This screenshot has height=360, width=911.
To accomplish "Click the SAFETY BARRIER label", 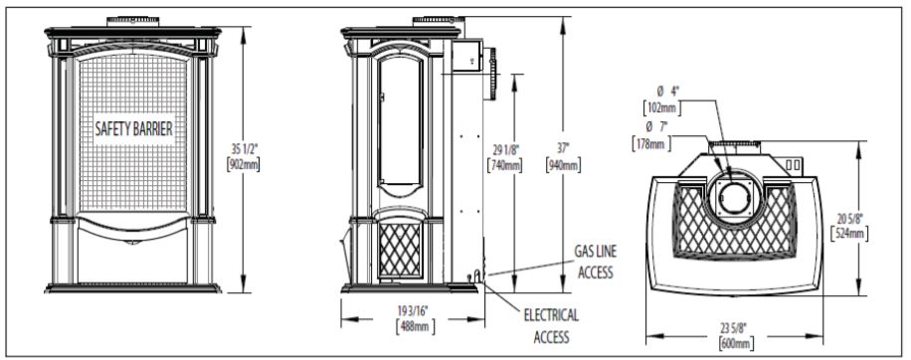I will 134,128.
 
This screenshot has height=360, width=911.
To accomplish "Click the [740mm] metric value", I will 505,164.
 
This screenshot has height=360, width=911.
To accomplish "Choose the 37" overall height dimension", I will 564,150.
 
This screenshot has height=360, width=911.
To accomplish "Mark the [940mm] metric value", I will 564,164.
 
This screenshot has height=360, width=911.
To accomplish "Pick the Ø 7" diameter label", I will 659,127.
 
